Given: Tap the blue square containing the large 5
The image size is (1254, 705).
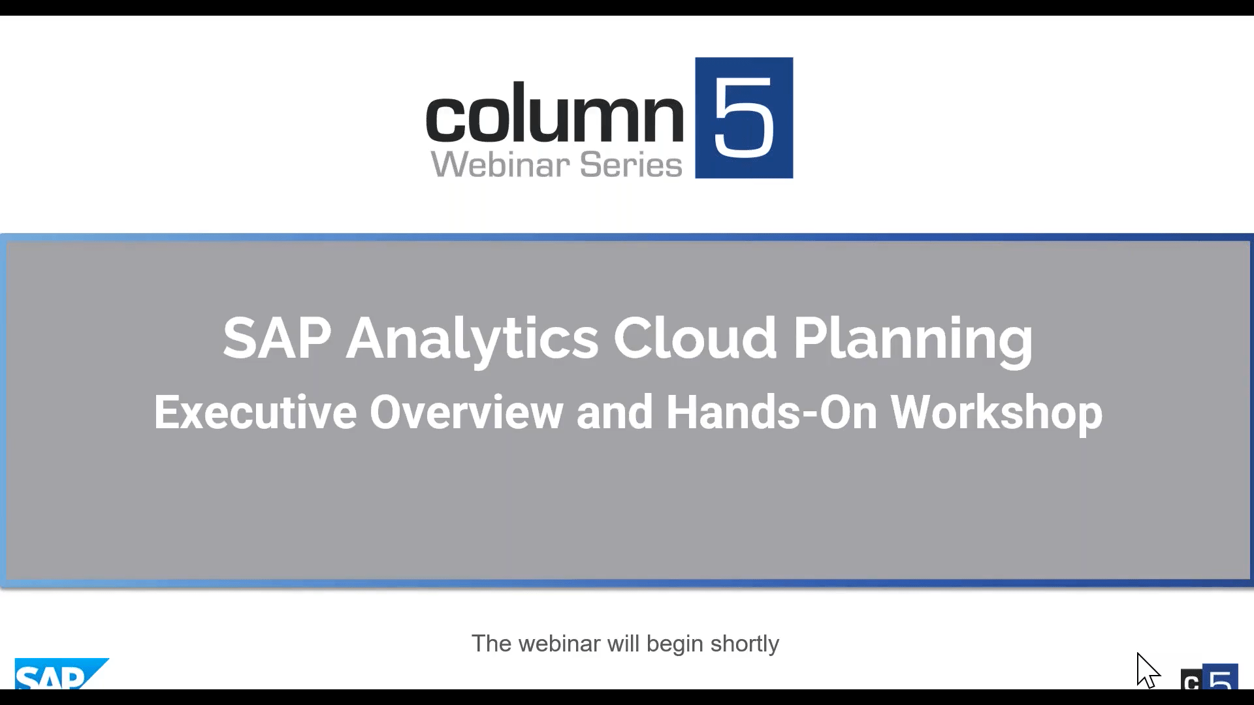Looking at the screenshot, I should click(x=744, y=117).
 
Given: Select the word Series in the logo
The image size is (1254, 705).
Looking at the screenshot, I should click(x=631, y=164).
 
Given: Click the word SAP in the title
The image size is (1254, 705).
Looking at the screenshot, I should click(x=277, y=338).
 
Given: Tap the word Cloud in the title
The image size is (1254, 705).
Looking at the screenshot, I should click(x=694, y=338).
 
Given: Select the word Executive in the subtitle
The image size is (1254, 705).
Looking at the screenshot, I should click(x=255, y=413).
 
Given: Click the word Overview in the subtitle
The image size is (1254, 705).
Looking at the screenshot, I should click(x=466, y=413).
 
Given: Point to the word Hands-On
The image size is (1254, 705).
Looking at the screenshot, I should click(x=771, y=413).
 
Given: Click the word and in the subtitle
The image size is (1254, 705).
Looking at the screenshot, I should click(x=615, y=413).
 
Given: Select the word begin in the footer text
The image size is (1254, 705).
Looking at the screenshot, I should click(x=675, y=644).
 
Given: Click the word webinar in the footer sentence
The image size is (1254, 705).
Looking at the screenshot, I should click(x=559, y=644).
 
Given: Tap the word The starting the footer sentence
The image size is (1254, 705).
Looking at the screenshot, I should click(x=491, y=644).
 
